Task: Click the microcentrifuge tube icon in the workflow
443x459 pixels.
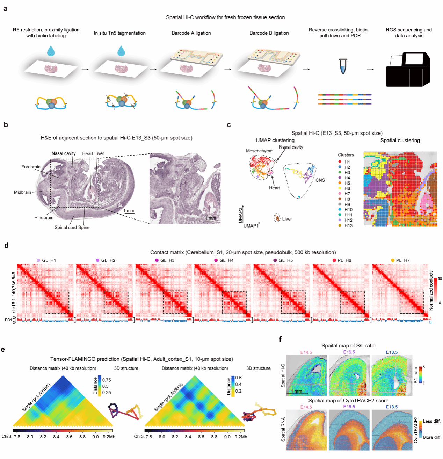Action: (343, 66)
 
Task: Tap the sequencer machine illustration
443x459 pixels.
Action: (407, 69)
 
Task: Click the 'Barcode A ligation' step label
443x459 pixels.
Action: (191, 33)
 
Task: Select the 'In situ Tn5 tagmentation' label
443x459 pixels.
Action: (119, 33)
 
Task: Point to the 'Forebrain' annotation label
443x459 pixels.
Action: (31, 167)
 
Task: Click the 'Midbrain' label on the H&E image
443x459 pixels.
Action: (22, 192)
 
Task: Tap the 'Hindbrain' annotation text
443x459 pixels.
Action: (44, 217)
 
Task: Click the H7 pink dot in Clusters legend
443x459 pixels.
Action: (340, 193)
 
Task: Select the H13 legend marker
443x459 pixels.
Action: (340, 225)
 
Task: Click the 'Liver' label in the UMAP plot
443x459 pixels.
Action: (287, 218)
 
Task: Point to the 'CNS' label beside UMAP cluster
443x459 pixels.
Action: (320, 180)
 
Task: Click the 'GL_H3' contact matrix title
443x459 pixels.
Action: (167, 260)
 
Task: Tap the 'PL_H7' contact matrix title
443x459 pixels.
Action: (402, 260)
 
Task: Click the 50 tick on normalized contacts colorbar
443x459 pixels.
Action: (440, 278)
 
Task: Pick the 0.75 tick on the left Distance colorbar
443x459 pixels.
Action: (106, 380)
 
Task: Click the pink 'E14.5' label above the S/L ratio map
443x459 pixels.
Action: (306, 352)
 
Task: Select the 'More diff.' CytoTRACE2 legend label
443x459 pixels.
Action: (432, 437)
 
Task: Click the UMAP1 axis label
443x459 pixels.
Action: (251, 226)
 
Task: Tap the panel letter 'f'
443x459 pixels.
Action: (280, 339)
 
